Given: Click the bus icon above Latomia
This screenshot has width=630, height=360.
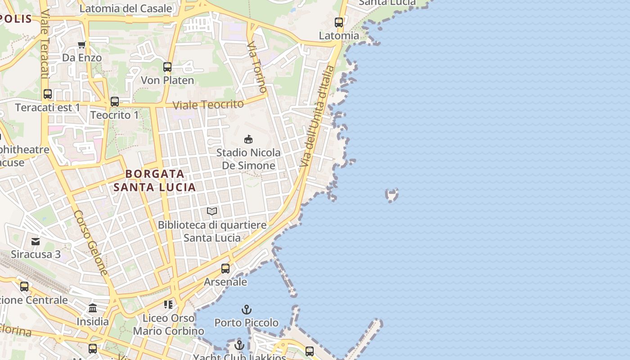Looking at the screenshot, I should (339, 22).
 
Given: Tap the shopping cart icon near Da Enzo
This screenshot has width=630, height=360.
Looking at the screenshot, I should (82, 45).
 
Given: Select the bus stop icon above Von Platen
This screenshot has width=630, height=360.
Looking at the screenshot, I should (167, 67).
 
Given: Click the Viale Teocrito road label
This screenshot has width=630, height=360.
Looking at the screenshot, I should (208, 104).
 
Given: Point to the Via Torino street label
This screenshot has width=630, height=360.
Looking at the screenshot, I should (257, 67).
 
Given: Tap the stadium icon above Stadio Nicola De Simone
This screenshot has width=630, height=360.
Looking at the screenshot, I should (248, 139).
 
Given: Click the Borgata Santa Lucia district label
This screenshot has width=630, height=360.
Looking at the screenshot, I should (155, 180).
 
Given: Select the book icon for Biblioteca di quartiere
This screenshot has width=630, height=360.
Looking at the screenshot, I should (212, 211).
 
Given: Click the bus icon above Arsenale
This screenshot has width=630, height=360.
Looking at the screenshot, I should (225, 269).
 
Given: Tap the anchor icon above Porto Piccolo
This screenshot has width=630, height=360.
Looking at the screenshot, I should (246, 310).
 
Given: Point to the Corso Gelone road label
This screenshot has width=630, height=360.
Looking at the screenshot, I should (91, 243).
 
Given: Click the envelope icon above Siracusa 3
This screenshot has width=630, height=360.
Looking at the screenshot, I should (36, 242).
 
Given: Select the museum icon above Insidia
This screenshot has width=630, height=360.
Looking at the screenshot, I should (93, 308).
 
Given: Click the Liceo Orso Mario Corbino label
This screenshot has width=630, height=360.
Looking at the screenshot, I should (168, 324).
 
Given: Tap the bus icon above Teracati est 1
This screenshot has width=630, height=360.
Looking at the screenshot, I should (48, 94).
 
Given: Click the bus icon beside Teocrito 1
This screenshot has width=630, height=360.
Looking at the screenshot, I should (115, 102).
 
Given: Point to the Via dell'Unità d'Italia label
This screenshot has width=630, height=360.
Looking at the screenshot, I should (318, 116).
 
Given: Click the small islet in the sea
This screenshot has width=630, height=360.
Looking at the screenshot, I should (392, 195).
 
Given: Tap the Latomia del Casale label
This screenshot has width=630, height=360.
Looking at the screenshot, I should (126, 8).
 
